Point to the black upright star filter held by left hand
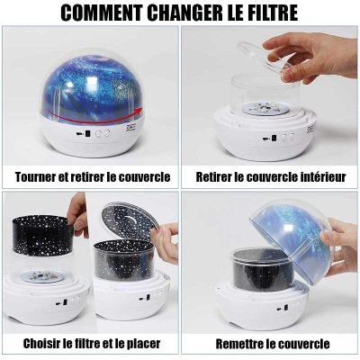pos(45,247)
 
